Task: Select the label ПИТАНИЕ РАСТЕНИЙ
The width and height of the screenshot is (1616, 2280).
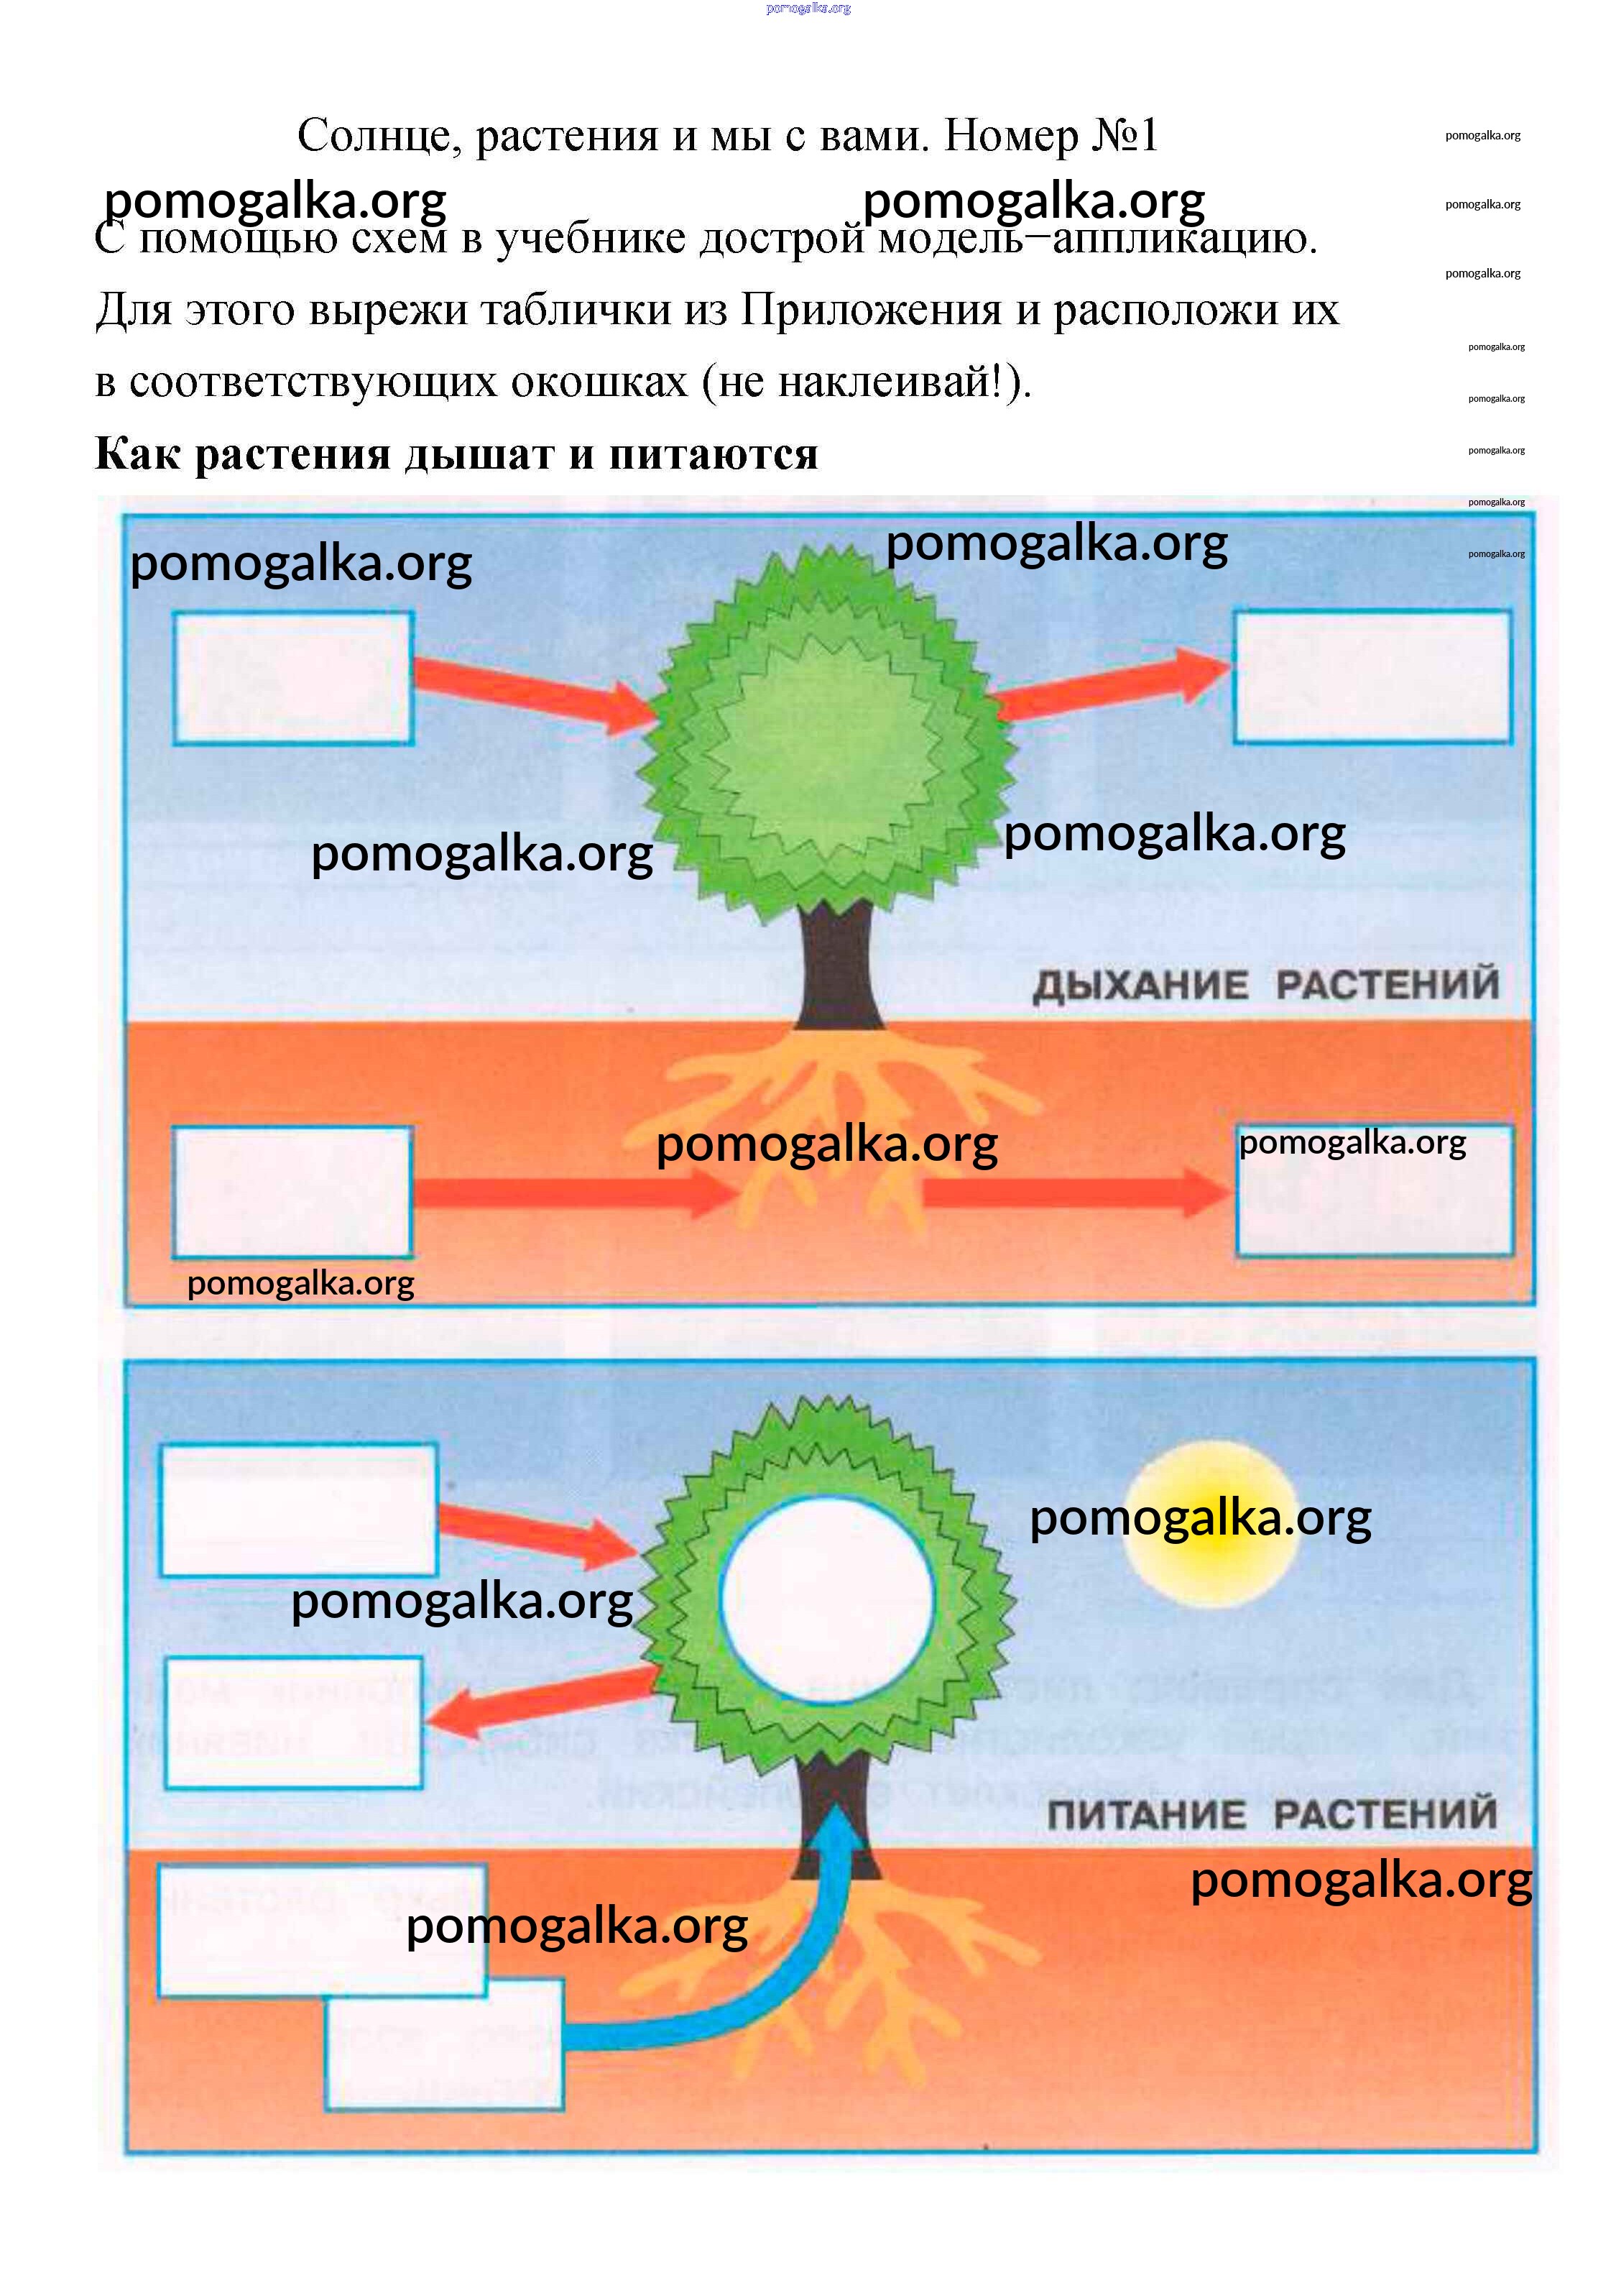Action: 1272,1814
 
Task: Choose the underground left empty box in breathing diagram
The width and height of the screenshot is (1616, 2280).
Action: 292,1191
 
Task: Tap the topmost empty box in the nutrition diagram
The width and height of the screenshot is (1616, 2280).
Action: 297,1509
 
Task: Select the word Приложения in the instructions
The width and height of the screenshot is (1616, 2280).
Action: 871,310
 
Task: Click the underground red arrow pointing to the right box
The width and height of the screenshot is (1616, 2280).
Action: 1075,1191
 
